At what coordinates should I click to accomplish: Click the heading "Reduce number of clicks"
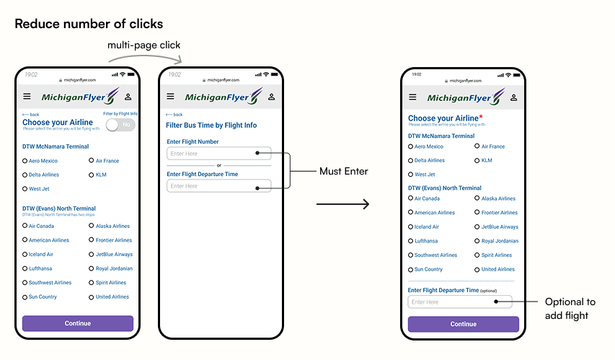(89, 24)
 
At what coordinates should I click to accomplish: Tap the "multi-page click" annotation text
(144, 45)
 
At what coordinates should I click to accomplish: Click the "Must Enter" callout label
(344, 171)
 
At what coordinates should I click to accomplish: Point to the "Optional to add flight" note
(570, 309)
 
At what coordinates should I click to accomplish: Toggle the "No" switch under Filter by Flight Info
(121, 125)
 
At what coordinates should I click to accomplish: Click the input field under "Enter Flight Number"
(218, 154)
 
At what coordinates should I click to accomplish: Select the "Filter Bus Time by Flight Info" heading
(211, 126)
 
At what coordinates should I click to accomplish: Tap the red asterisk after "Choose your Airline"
(481, 117)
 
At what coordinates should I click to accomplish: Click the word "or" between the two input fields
(219, 165)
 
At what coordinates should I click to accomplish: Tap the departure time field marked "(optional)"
(459, 302)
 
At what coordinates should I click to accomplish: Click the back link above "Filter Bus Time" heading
(174, 115)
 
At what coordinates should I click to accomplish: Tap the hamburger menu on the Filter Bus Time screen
(171, 97)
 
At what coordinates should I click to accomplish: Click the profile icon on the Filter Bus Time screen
(272, 97)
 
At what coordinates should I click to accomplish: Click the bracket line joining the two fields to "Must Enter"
(289, 171)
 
